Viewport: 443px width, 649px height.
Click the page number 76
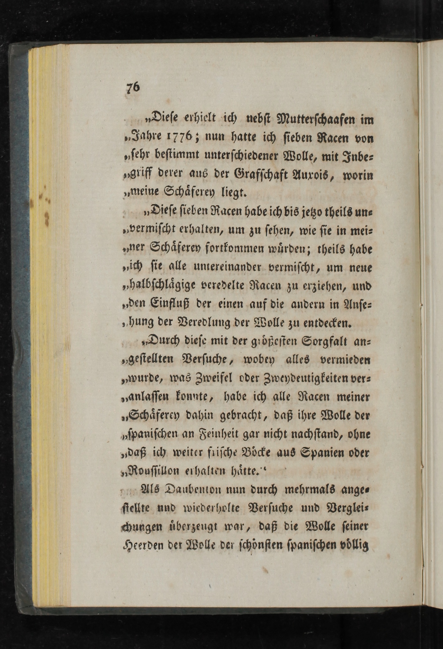point(133,87)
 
